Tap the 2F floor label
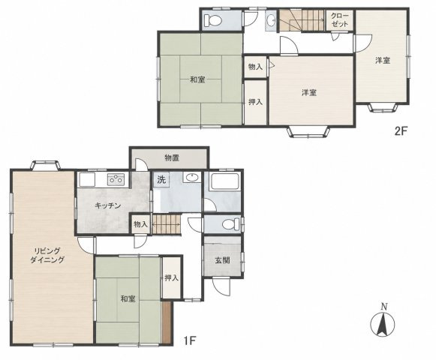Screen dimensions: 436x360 401,130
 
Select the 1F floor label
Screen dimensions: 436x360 190,340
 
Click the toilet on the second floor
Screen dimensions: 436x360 212,19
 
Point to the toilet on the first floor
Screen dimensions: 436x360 231,224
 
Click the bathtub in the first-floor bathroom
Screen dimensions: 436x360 225,181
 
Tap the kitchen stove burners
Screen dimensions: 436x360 116,179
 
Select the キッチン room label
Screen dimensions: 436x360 107,205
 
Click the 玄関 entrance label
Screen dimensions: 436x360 222,260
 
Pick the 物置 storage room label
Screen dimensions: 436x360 172,158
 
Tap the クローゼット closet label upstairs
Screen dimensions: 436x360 340,19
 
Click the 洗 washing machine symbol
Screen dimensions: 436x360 161,179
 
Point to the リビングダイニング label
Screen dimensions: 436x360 47,256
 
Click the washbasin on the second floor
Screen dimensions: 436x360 271,20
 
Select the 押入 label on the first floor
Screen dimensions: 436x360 171,277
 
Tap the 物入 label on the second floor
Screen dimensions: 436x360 255,67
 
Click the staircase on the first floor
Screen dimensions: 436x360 167,224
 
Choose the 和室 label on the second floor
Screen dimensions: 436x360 197,80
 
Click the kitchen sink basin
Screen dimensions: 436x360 87,179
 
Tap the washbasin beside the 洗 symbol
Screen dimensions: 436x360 192,177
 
